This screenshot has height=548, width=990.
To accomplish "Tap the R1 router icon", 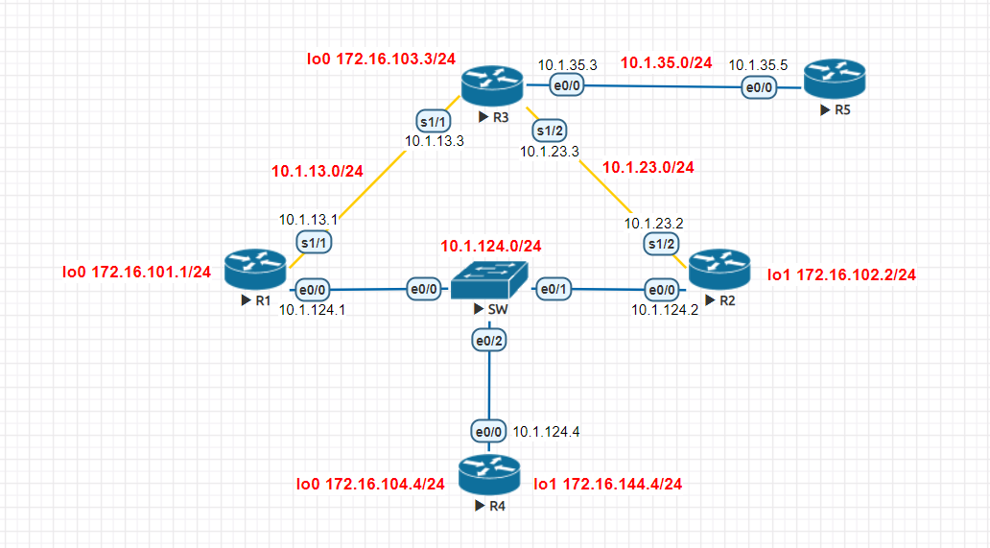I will (x=256, y=270).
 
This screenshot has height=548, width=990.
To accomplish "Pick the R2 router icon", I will (x=719, y=269).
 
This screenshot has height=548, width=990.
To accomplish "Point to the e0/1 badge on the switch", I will (x=554, y=288).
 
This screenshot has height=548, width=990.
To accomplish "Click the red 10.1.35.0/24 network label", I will (x=667, y=63).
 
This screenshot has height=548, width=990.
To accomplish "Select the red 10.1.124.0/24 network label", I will (x=491, y=246).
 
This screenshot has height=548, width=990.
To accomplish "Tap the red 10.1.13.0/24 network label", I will (x=318, y=172).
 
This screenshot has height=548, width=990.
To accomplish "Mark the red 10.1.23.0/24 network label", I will (x=648, y=167).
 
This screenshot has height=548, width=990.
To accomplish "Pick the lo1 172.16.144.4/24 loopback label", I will (x=607, y=484).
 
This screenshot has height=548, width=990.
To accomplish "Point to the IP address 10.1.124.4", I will (x=546, y=432).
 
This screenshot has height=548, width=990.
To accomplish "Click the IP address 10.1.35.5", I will (x=758, y=65).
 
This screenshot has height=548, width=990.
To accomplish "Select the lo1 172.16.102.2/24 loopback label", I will (x=841, y=275).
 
